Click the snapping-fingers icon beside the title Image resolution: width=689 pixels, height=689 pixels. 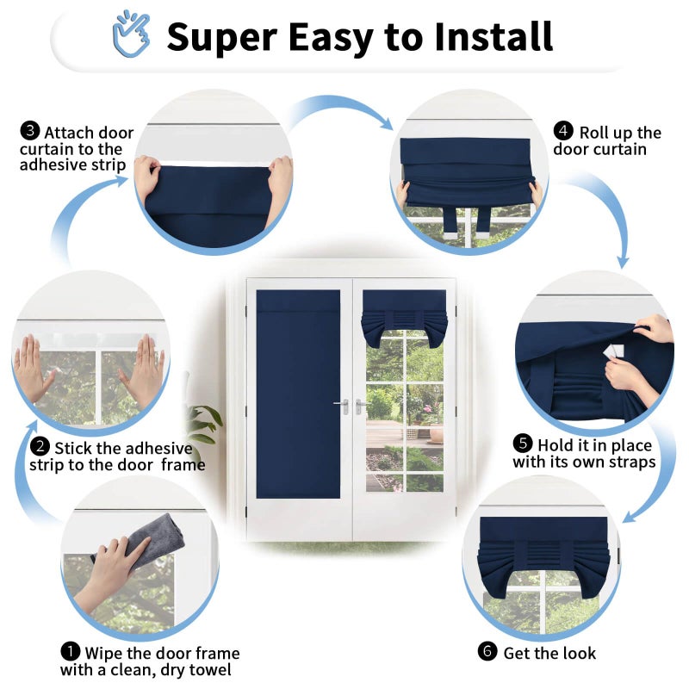[x=131, y=34]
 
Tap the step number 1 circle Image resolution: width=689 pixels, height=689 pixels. [x=71, y=652]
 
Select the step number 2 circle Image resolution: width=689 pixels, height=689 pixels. [x=40, y=446]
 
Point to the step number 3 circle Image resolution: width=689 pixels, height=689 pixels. [x=30, y=131]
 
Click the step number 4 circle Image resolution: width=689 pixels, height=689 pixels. [x=563, y=131]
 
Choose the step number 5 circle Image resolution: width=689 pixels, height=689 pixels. [x=523, y=444]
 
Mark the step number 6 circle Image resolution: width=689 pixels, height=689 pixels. [x=487, y=652]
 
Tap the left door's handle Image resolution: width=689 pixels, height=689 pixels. [x=342, y=406]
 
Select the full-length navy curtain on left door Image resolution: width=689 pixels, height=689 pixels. [x=298, y=394]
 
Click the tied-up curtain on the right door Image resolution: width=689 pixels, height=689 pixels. [x=404, y=317]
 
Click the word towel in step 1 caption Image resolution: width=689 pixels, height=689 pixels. [x=208, y=670]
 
